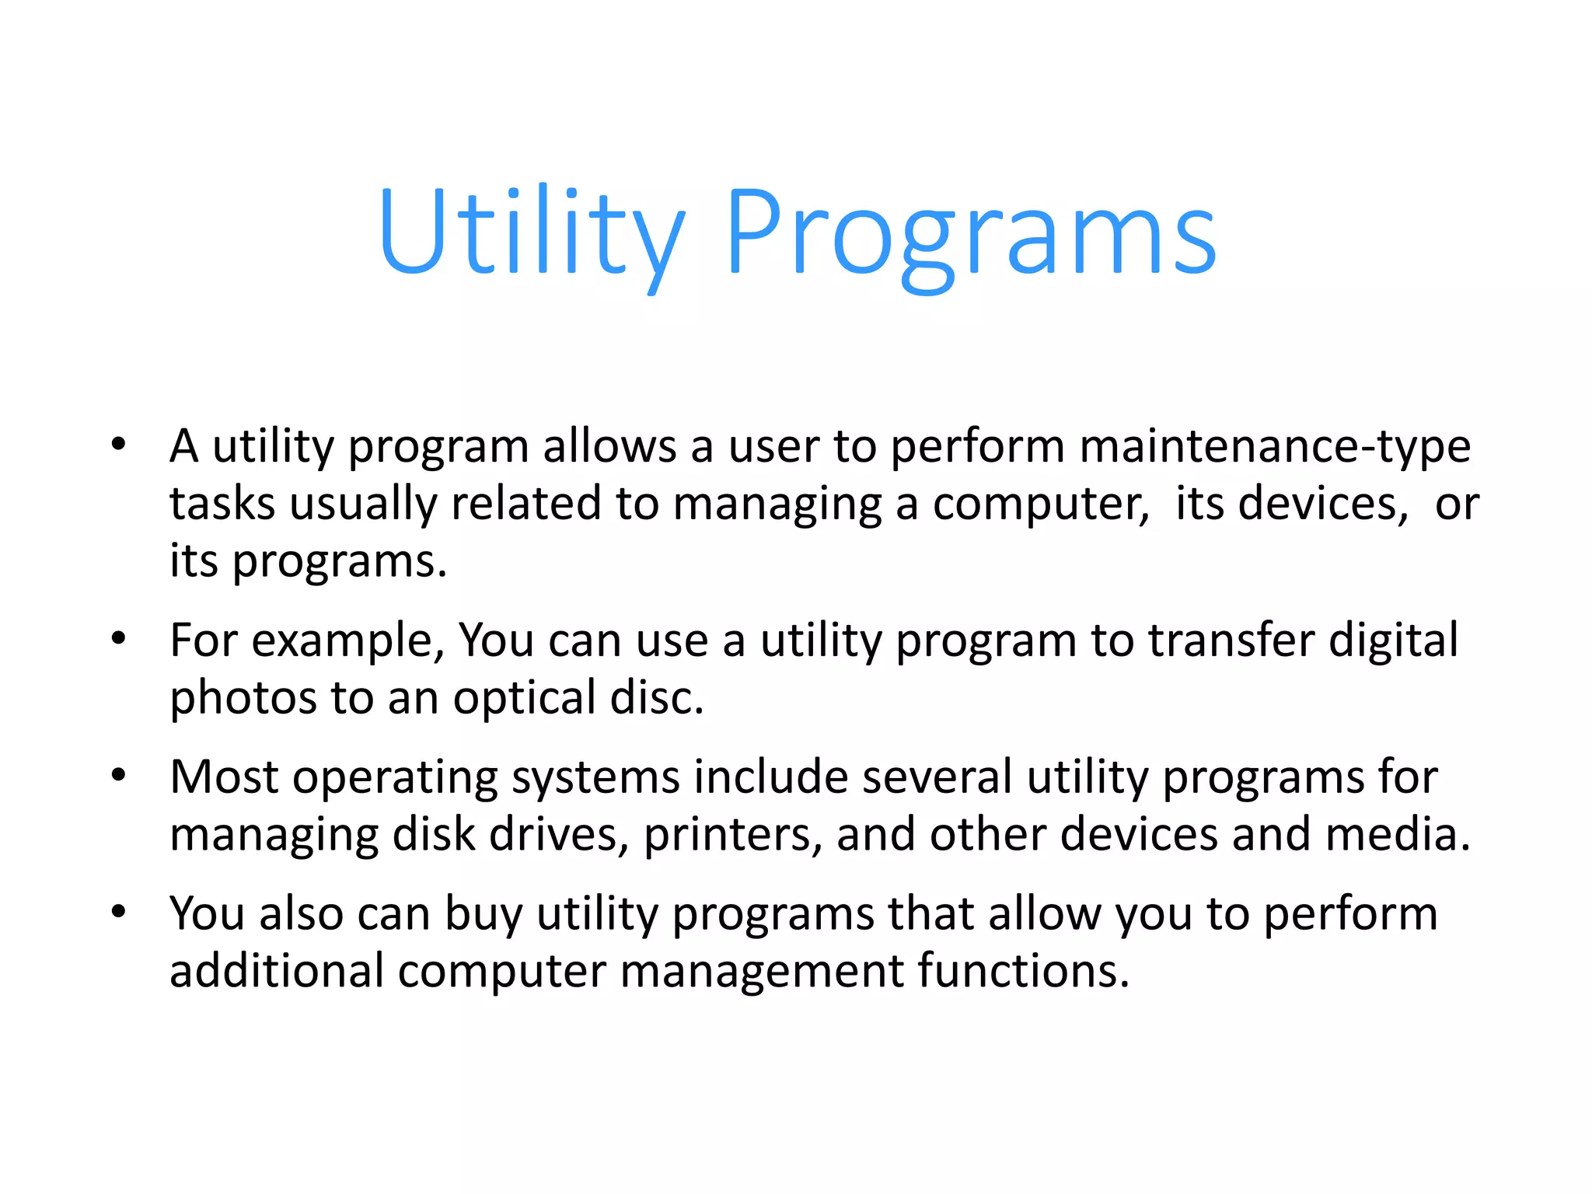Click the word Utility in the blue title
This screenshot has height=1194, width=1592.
(x=531, y=233)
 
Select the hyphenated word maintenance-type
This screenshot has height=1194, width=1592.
(x=1275, y=448)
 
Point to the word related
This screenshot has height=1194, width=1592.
(x=526, y=504)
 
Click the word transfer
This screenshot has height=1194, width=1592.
(x=1231, y=641)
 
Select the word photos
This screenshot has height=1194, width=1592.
(x=243, y=699)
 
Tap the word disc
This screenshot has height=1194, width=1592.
(x=657, y=697)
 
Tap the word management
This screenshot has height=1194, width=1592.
(x=762, y=972)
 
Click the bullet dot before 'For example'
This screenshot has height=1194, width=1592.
(x=118, y=639)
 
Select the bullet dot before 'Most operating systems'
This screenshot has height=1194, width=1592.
(x=118, y=775)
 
